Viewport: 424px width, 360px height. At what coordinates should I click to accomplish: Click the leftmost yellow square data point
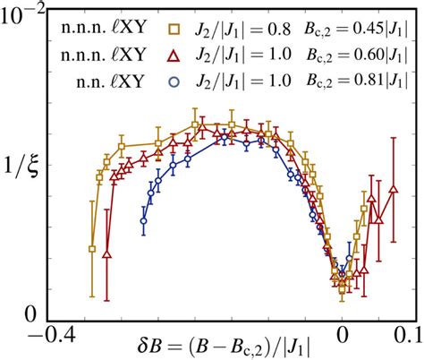coord(92,249)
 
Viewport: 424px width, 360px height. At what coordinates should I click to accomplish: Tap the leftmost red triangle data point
coord(107,255)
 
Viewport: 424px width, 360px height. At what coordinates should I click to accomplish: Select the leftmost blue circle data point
coord(143,220)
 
